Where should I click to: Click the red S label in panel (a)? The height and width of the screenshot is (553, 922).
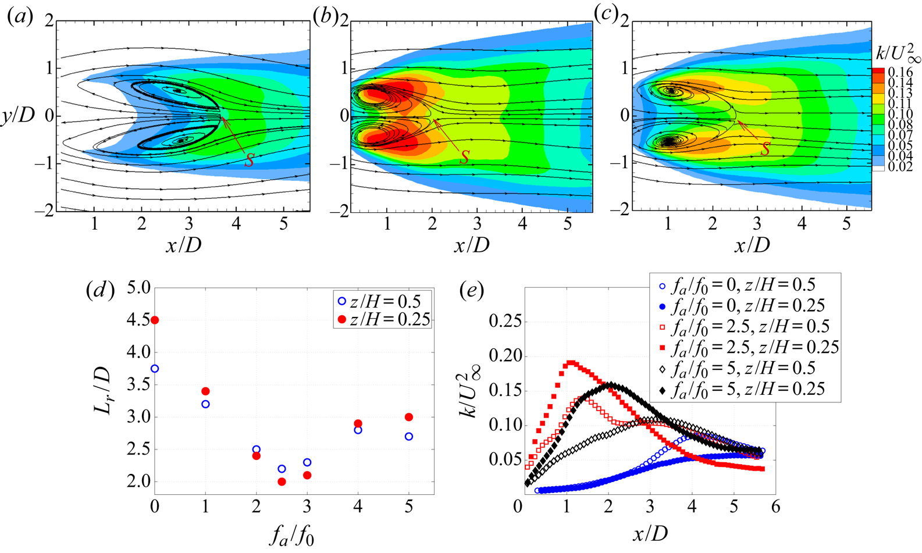click(x=249, y=159)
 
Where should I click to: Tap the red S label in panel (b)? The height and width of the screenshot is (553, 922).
click(x=465, y=157)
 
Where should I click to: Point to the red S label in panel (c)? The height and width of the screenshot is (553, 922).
click(x=766, y=149)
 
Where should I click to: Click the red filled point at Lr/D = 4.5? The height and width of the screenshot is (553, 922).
click(x=155, y=320)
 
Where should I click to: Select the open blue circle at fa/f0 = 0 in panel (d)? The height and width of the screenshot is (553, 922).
click(x=155, y=369)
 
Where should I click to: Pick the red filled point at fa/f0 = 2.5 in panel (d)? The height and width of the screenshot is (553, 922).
click(x=282, y=481)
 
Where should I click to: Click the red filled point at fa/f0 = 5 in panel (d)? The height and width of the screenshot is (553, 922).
click(x=409, y=417)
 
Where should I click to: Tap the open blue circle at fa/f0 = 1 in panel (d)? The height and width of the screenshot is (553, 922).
click(x=205, y=404)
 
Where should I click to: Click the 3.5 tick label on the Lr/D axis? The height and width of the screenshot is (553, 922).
click(x=138, y=385)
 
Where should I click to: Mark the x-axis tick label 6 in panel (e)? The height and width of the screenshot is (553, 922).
click(x=774, y=507)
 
